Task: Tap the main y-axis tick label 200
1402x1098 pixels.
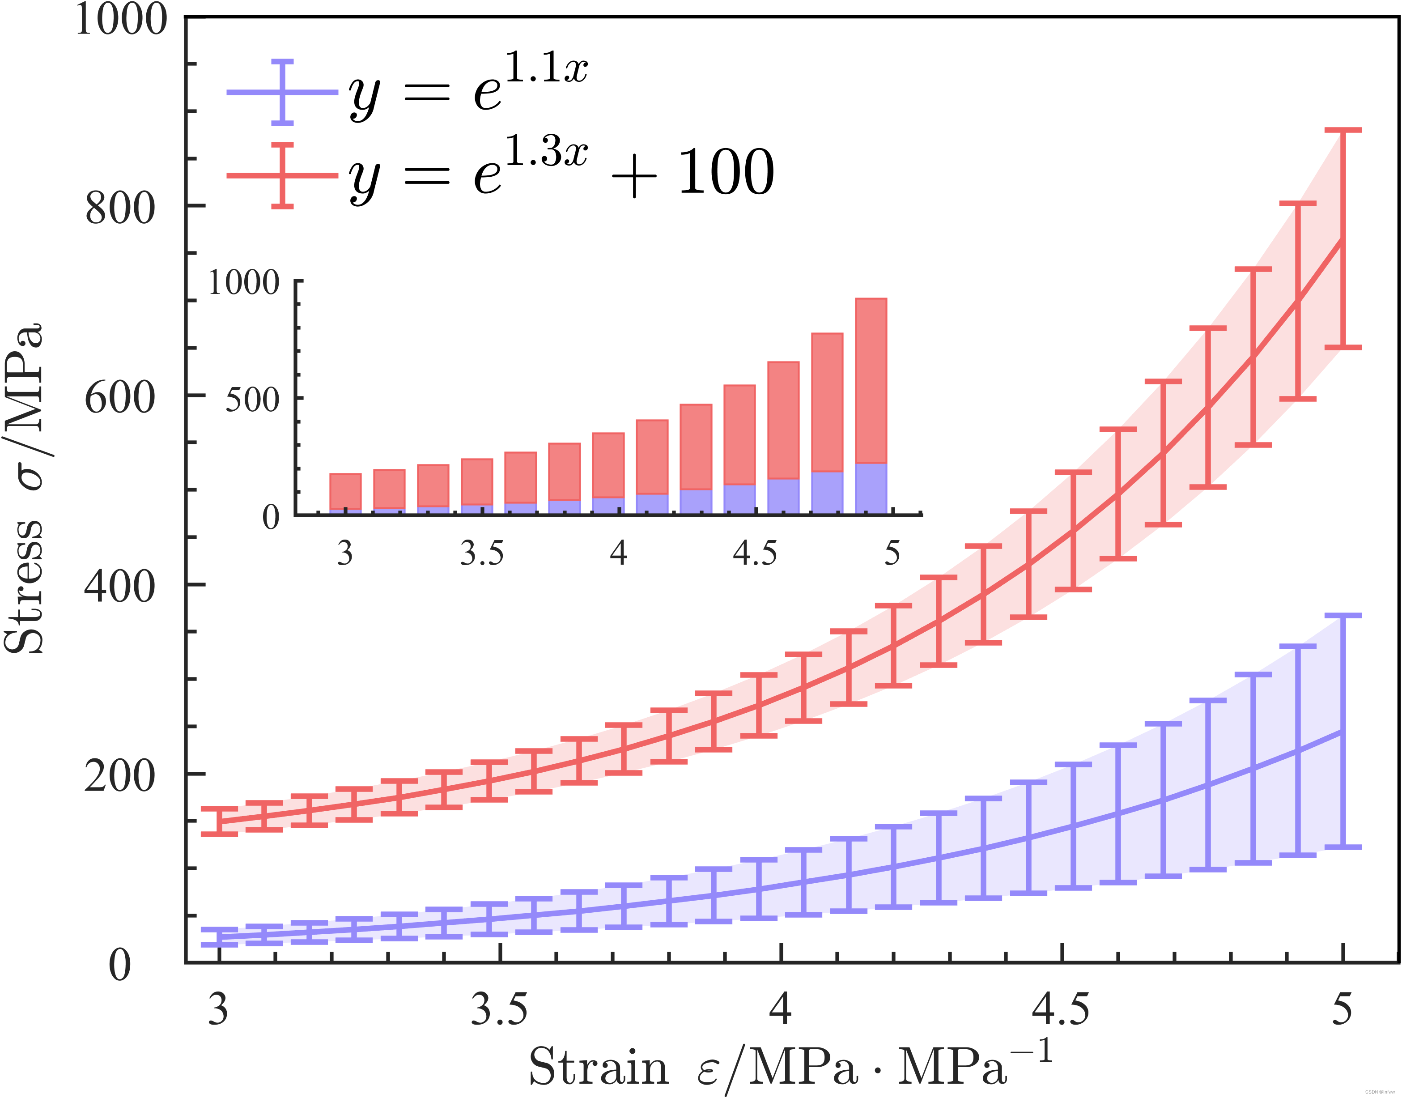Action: (x=120, y=776)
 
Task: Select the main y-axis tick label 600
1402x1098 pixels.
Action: (x=120, y=398)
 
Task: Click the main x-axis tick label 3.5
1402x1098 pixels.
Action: (x=500, y=1009)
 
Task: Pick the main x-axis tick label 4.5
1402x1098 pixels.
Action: (x=1061, y=1009)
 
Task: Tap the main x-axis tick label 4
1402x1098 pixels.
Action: (x=780, y=1009)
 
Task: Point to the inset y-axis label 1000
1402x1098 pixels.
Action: (x=244, y=283)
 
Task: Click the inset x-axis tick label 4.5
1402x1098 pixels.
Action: (x=755, y=553)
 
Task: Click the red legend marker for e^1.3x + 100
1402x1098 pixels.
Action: (x=282, y=175)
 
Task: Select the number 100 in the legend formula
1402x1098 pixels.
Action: (x=726, y=172)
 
